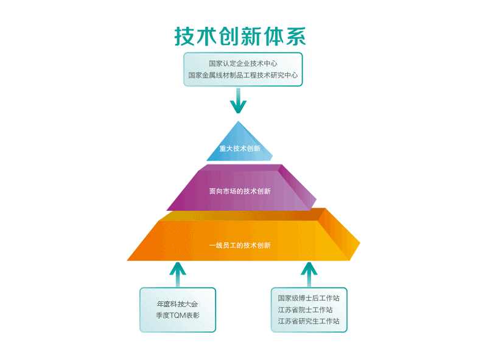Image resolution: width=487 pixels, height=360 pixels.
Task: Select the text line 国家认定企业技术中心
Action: click(243, 63)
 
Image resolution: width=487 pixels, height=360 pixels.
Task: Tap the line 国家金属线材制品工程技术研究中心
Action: click(243, 76)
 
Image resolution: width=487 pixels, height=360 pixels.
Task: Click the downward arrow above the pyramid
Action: click(238, 101)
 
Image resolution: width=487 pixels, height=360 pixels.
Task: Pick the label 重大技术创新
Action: click(240, 149)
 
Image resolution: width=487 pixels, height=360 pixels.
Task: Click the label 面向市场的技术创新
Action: click(240, 191)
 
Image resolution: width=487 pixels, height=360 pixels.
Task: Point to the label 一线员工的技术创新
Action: click(240, 245)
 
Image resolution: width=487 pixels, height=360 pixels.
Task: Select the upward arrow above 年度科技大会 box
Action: click(178, 274)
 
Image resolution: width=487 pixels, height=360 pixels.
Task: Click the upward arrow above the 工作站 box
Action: click(309, 274)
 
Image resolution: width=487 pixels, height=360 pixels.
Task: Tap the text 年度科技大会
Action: click(178, 303)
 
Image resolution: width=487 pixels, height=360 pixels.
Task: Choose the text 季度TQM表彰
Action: click(178, 316)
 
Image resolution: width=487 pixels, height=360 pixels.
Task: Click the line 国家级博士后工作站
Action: click(309, 298)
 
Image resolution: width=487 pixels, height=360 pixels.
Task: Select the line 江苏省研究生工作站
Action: click(309, 321)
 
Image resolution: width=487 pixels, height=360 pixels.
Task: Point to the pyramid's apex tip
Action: click(238, 122)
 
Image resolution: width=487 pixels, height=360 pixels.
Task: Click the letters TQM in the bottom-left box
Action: click(177, 316)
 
